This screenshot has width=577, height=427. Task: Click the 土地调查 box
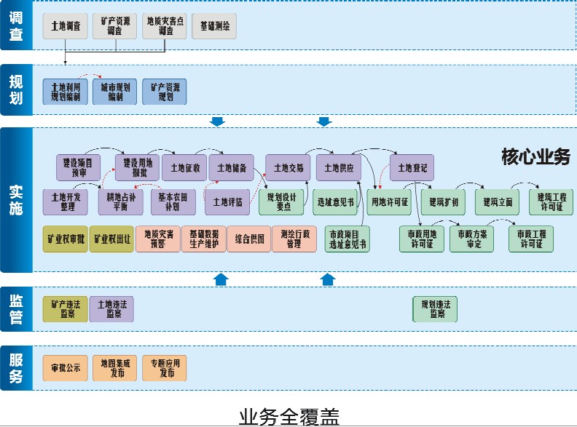click(66, 25)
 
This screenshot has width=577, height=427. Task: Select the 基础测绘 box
click(214, 25)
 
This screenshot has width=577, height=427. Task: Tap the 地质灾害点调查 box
click(165, 26)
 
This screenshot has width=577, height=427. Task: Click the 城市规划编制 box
click(115, 92)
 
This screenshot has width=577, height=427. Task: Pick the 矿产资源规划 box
click(165, 92)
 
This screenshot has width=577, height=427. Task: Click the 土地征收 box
click(184, 167)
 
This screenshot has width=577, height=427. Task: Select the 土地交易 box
click(288, 167)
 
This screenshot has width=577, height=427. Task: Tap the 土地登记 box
click(412, 167)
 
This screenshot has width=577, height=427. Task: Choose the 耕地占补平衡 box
click(121, 201)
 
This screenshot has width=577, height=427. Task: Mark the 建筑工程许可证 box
click(551, 201)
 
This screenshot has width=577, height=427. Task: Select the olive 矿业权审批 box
click(66, 239)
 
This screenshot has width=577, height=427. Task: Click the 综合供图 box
click(249, 239)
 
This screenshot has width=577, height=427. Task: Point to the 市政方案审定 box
click(471, 239)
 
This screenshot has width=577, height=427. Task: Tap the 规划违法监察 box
click(436, 308)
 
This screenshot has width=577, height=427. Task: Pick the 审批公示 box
click(66, 367)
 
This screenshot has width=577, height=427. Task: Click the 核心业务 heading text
click(535, 157)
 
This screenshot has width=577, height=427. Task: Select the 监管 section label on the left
click(16, 308)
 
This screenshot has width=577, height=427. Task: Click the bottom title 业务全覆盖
click(288, 415)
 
